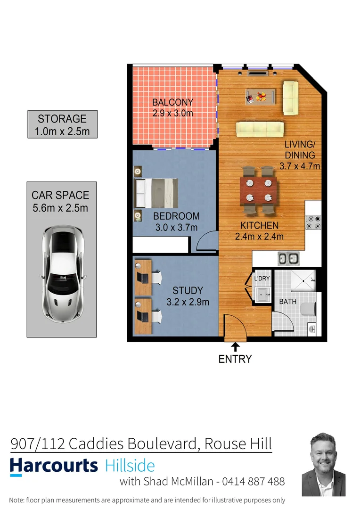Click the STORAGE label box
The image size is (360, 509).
tap(62, 124)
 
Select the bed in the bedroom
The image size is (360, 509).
tap(156, 193)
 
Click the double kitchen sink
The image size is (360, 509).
tap(288, 258)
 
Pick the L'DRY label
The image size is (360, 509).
tap(262, 279)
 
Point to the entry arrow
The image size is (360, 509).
tap(235, 346)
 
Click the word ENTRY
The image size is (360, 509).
tap(235, 359)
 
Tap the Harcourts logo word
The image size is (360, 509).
tap(54, 466)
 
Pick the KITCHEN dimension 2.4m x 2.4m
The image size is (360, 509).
tap(259, 237)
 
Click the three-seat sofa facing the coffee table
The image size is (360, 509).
tap(260, 128)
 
